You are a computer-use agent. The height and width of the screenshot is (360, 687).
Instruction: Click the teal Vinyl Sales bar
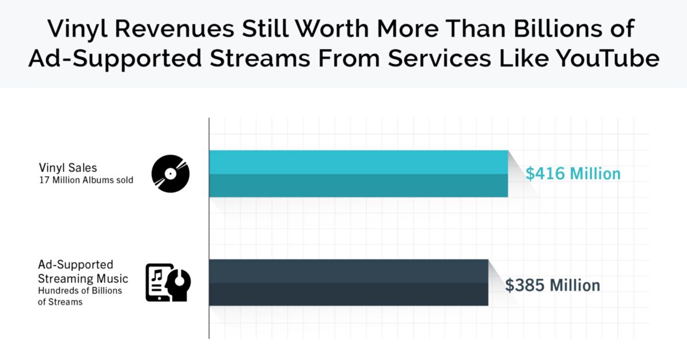pyautogui.click(x=358, y=173)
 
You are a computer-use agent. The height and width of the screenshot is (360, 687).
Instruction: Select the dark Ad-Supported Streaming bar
pyautogui.click(x=348, y=282)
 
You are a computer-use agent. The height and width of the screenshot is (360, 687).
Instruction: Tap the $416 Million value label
pyautogui.click(x=573, y=174)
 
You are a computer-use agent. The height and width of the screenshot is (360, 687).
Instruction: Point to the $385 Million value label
pyautogui.click(x=552, y=285)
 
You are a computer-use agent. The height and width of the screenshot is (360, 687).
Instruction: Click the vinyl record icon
pyautogui.click(x=170, y=173)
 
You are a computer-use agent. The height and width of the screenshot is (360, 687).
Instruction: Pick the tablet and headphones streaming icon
pyautogui.click(x=168, y=283)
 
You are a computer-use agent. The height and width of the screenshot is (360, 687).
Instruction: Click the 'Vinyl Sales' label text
pyautogui.click(x=68, y=168)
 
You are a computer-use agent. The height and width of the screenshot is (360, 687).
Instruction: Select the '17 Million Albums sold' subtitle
pyautogui.click(x=86, y=180)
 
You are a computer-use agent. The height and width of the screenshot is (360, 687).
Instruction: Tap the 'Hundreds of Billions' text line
pyautogui.click(x=80, y=291)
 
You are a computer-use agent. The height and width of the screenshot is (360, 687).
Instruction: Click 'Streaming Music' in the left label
pyautogui.click(x=83, y=279)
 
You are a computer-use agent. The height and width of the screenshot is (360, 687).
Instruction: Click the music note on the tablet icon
pyautogui.click(x=157, y=276)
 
